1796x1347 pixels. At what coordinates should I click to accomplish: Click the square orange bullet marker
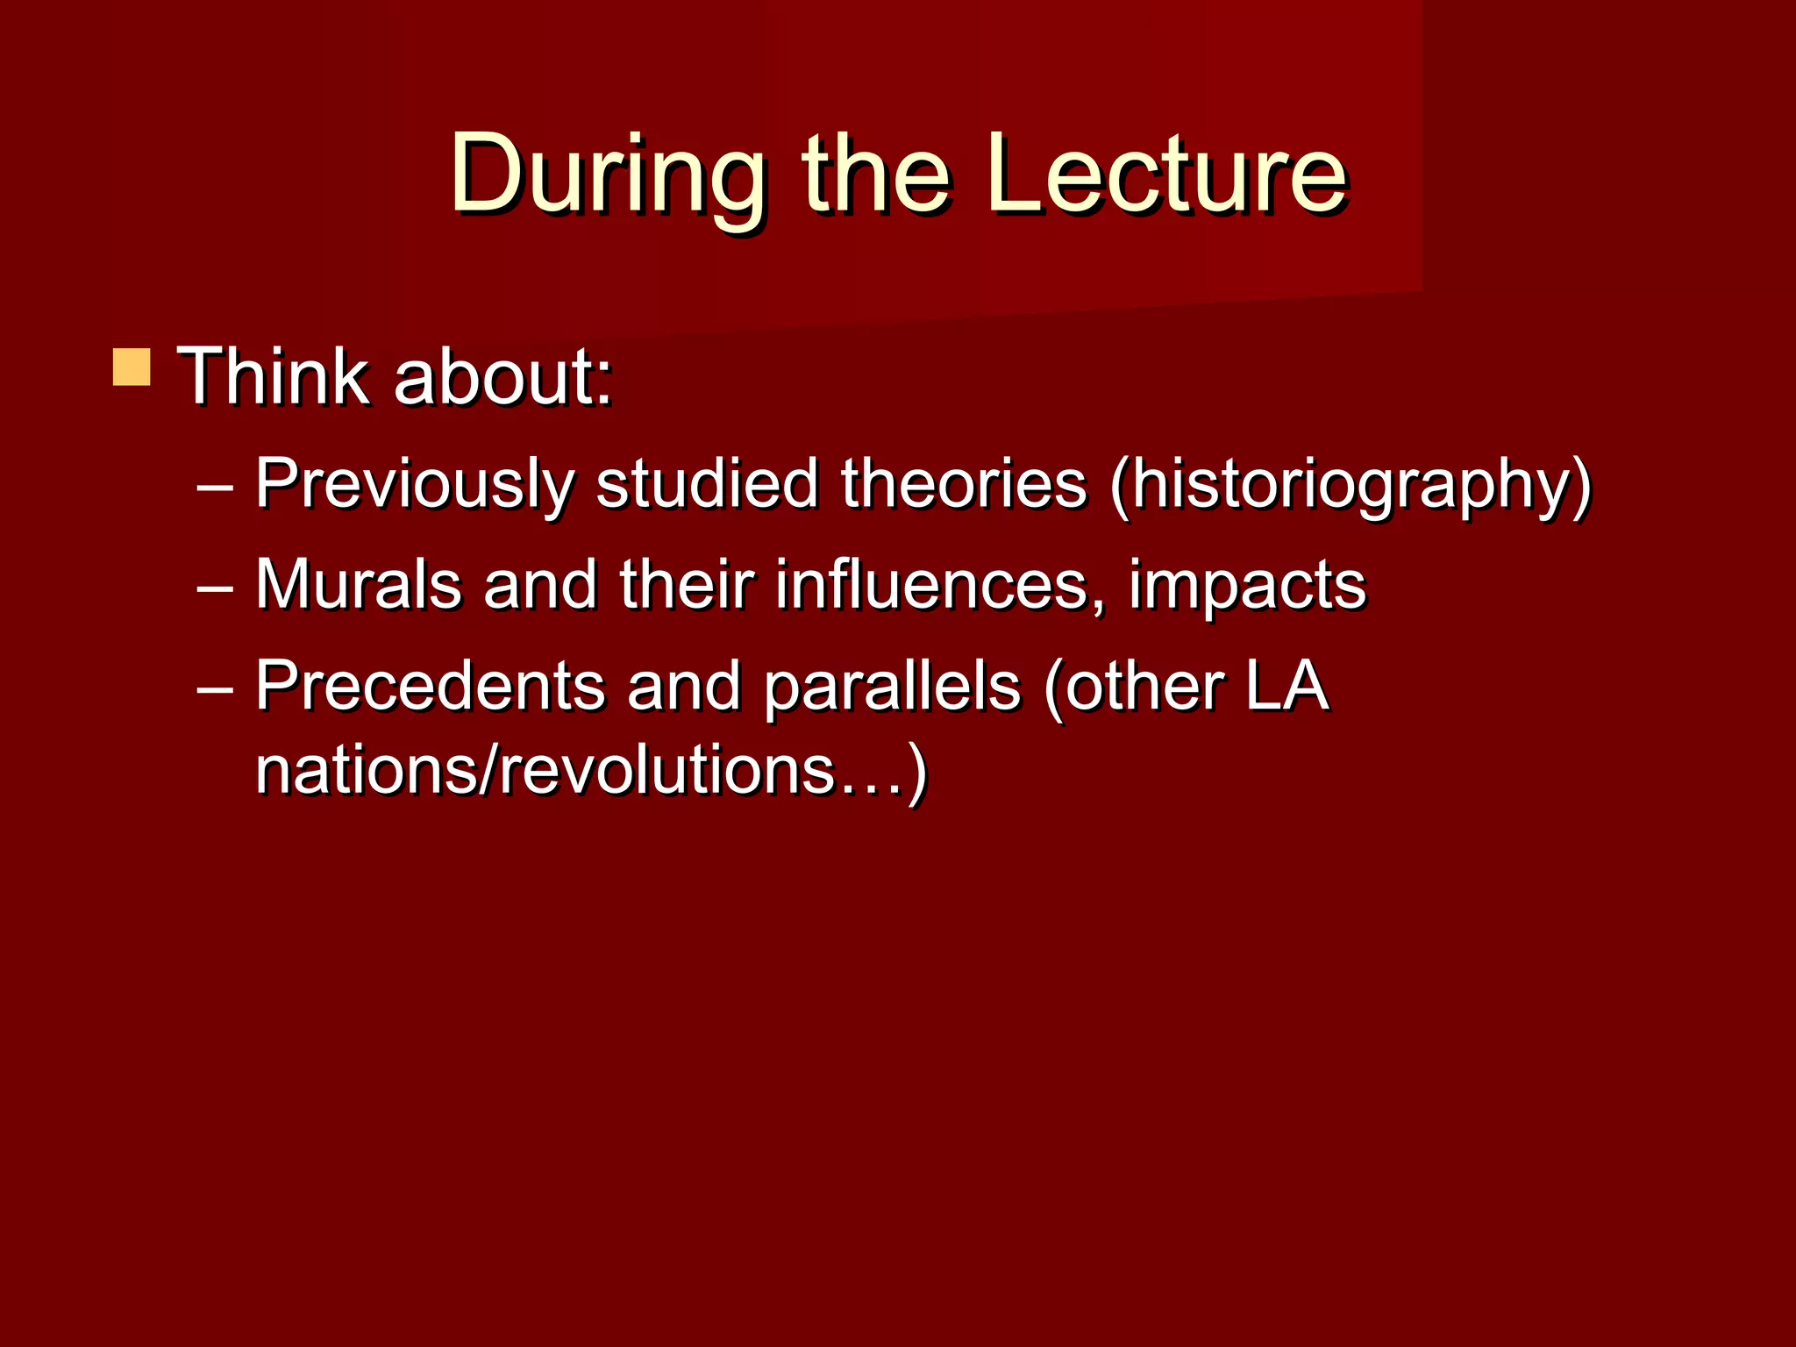pyautogui.click(x=132, y=367)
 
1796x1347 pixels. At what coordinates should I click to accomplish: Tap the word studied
pyautogui.click(x=707, y=484)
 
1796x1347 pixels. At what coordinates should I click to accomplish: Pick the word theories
pyautogui.click(x=964, y=484)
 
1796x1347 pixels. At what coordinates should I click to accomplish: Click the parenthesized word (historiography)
pyautogui.click(x=1350, y=484)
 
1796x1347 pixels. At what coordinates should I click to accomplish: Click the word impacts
pyautogui.click(x=1246, y=584)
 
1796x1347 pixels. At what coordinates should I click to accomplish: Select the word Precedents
pyautogui.click(x=430, y=685)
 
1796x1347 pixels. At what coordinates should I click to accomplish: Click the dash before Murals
pyautogui.click(x=215, y=586)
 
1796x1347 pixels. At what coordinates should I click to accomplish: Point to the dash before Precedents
pyautogui.click(x=215, y=687)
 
